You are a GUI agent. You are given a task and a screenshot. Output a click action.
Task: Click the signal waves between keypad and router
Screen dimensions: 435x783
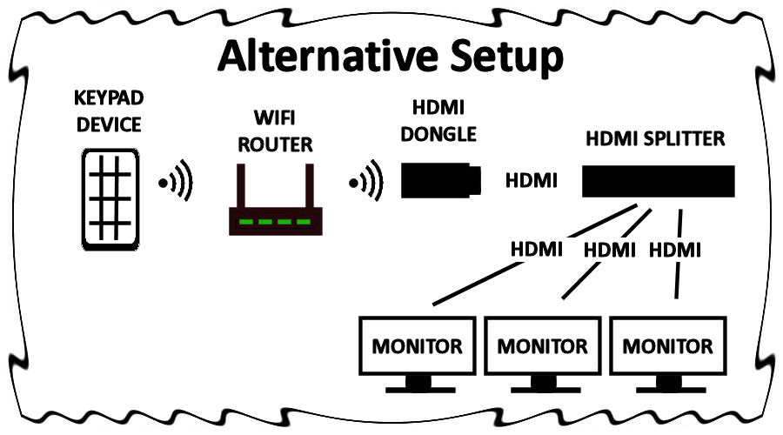pyautogui.click(x=176, y=184)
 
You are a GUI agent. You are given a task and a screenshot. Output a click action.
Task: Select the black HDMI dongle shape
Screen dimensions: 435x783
pyautogui.click(x=440, y=179)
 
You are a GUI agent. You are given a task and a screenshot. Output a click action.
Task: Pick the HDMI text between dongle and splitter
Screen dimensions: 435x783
pyautogui.click(x=532, y=181)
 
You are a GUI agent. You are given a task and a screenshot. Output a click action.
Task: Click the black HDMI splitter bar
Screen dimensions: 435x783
pyautogui.click(x=658, y=182)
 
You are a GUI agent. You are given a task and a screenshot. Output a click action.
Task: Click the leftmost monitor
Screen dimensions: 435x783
pyautogui.click(x=418, y=346)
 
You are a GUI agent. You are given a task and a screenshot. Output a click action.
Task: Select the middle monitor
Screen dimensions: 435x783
pyautogui.click(x=542, y=346)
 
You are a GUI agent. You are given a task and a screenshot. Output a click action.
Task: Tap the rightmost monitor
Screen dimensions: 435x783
pyautogui.click(x=667, y=346)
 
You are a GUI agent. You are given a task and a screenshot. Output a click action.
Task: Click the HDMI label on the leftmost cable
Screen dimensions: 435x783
pyautogui.click(x=536, y=250)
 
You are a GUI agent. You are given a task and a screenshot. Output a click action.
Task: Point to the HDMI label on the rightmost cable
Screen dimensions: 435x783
pyautogui.click(x=675, y=250)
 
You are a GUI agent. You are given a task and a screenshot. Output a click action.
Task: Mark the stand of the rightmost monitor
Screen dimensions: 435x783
pyautogui.click(x=667, y=384)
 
